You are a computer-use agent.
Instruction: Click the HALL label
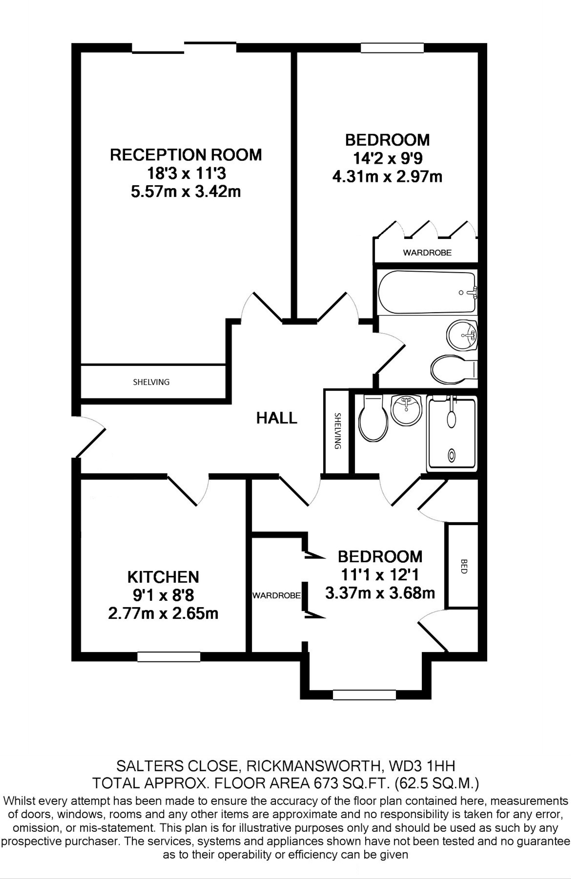point(276,418)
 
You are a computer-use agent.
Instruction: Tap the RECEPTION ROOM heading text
point(186,154)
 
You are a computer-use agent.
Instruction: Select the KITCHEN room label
point(163,576)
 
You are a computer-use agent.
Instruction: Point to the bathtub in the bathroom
point(426,293)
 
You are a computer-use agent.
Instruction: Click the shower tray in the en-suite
point(452,434)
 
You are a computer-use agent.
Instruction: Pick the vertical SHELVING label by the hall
point(337,431)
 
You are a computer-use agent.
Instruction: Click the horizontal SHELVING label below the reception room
point(151,382)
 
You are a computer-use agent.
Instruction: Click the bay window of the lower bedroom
point(364,695)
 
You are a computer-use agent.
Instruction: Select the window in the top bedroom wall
point(392,48)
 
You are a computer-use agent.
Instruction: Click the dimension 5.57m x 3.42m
point(186,192)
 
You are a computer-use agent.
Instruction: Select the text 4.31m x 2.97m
point(387,177)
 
